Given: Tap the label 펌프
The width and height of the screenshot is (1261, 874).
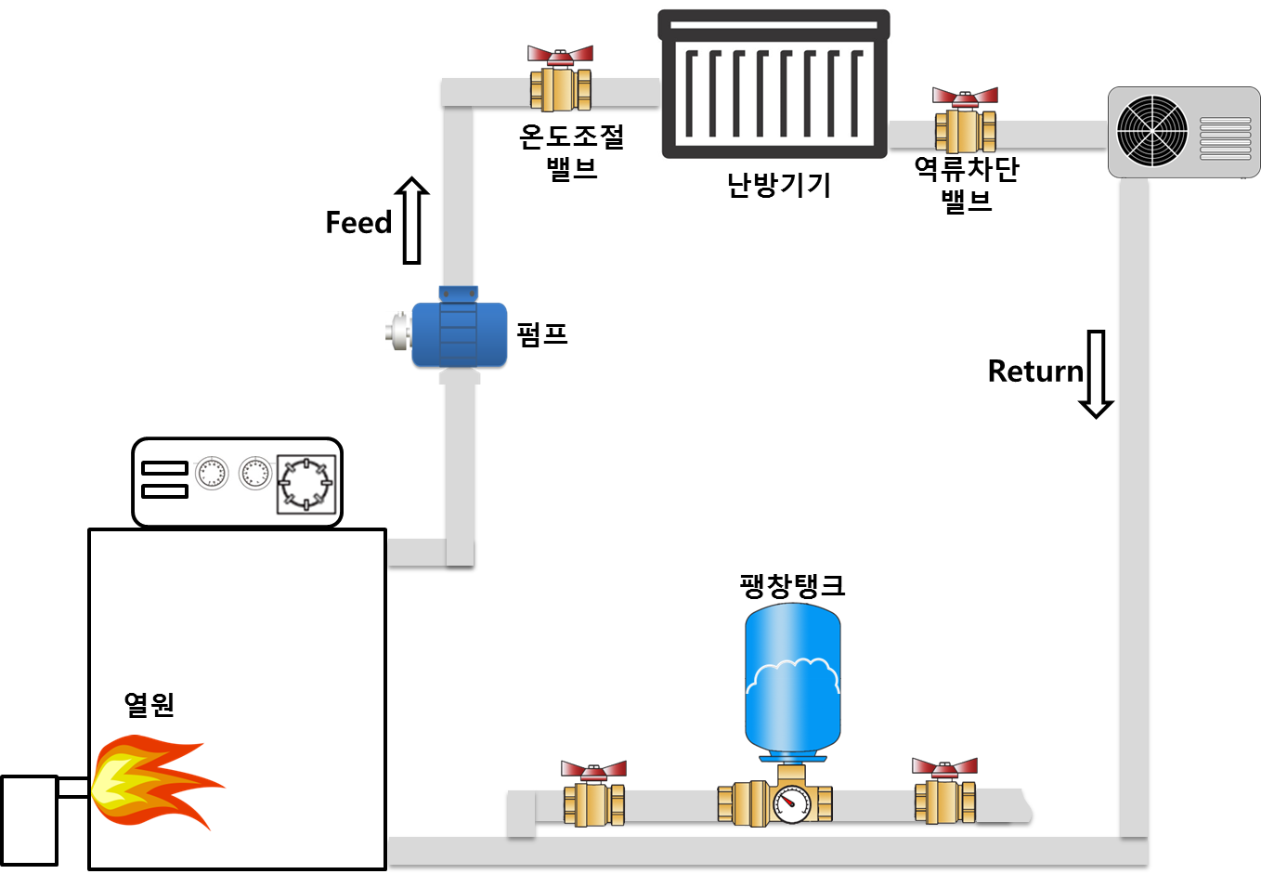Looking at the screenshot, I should [542, 333].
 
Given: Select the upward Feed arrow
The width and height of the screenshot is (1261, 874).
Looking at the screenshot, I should [412, 220].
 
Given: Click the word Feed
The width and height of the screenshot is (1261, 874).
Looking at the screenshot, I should [358, 223].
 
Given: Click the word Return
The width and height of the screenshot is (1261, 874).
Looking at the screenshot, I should [1034, 372].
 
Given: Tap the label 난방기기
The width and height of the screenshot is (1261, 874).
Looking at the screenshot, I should [778, 185].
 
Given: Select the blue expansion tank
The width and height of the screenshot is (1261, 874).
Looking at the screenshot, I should [793, 678].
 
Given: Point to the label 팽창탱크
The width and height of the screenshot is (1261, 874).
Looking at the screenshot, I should [792, 585].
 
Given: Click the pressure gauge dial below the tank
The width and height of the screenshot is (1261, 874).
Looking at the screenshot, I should [790, 804].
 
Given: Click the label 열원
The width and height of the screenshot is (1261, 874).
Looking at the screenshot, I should [149, 704].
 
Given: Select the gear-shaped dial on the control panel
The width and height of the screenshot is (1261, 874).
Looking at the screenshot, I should [305, 484].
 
